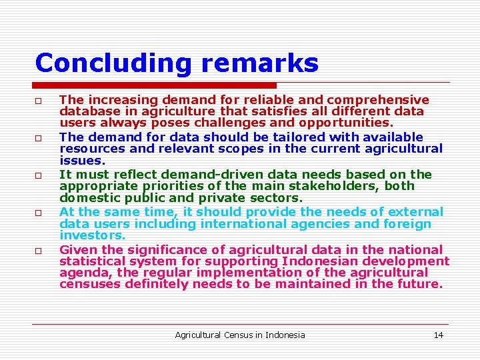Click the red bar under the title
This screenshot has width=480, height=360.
click(x=155, y=85)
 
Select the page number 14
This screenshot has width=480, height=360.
click(x=438, y=335)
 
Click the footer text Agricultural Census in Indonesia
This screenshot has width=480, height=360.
click(x=240, y=335)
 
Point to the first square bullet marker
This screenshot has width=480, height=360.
click(x=39, y=100)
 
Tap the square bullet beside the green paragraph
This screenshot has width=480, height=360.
click(x=39, y=213)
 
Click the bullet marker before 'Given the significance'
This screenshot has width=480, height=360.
click(x=39, y=251)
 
